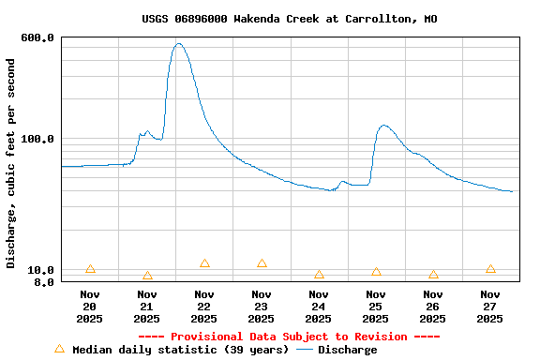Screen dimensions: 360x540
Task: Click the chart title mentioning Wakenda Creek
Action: click(289, 19)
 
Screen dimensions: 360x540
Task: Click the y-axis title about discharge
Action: click(11, 163)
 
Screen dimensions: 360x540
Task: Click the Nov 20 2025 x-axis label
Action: click(90, 307)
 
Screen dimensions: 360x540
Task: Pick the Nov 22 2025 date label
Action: click(204, 307)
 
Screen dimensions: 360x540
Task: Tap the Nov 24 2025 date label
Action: click(319, 307)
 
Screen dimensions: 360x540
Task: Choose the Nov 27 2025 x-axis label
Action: click(490, 307)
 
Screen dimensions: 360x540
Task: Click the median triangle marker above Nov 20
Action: click(90, 269)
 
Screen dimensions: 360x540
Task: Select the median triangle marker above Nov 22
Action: click(204, 263)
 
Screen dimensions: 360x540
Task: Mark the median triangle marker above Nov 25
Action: click(376, 272)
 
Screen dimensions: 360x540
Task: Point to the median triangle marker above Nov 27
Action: click(490, 269)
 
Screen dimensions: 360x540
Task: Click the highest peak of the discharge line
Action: click(178, 43)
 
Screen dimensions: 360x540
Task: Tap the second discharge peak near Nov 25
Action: click(383, 125)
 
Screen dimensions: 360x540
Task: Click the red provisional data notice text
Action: click(289, 337)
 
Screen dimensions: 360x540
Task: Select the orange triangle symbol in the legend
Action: click(59, 349)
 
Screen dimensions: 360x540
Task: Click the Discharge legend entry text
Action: click(347, 350)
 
